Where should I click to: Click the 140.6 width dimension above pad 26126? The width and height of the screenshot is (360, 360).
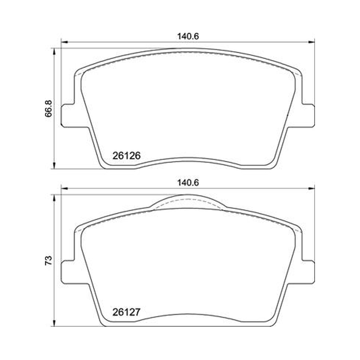coord(188,36)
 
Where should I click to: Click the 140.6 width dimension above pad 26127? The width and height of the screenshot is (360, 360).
coord(188,183)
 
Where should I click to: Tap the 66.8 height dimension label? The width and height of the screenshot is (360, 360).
coord(49,108)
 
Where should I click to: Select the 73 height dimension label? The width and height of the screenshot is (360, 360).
coord(49,261)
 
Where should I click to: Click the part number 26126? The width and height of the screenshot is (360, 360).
coord(126,156)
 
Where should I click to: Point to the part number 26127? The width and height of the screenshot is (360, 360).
coord(126,312)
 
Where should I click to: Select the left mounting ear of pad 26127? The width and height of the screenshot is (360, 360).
coord(68,272)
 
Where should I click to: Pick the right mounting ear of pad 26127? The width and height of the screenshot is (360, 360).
coord(308,272)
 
